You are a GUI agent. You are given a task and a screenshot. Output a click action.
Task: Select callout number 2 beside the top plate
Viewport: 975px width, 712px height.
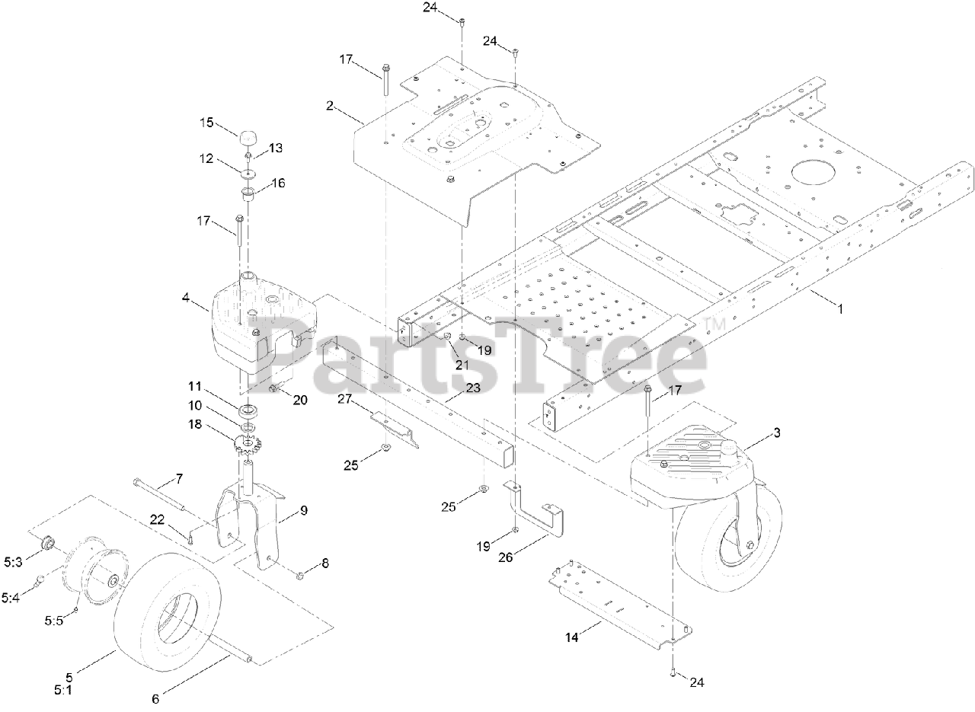[x=330, y=106]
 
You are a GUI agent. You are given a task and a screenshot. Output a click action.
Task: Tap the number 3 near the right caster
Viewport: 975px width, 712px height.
[x=776, y=433]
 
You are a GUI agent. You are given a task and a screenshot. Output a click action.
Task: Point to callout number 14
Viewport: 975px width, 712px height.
[x=572, y=637]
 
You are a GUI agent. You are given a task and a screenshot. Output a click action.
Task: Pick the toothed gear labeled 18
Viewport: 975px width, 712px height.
[x=248, y=446]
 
